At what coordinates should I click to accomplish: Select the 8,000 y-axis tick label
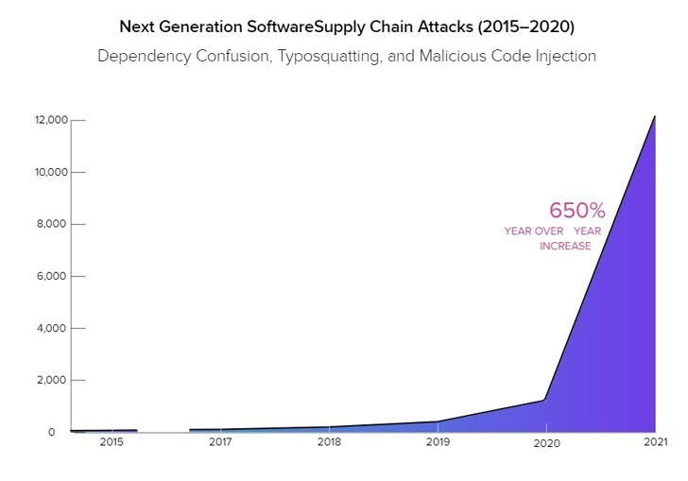point(54,224)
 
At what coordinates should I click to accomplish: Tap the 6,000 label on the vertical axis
point(54,276)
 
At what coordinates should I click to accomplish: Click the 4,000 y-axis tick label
point(54,328)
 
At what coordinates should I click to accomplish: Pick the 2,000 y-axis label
point(54,380)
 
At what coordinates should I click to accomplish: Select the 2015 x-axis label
point(112,441)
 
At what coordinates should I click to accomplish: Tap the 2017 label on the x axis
point(220,441)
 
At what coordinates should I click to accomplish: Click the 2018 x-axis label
point(329,441)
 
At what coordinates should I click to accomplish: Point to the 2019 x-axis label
point(438,441)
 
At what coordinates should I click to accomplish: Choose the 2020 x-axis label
point(546,442)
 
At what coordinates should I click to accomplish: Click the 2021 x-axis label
point(655,441)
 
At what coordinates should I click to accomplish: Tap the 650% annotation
point(576,210)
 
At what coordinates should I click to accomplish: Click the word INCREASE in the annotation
point(565,246)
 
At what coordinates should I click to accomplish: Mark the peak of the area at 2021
point(654,116)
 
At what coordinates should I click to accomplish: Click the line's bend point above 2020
point(545,400)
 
